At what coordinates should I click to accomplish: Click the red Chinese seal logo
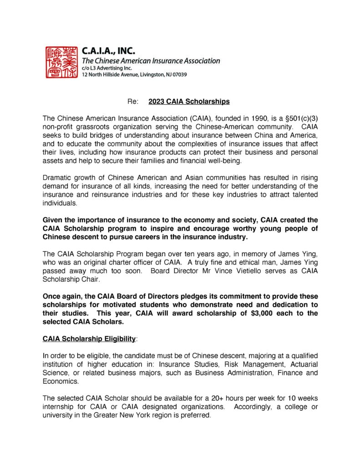point(61,62)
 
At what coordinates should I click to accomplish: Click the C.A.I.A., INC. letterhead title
point(108,51)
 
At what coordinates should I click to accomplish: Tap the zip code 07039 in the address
point(178,74)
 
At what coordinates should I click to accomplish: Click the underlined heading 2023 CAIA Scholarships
point(189,101)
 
